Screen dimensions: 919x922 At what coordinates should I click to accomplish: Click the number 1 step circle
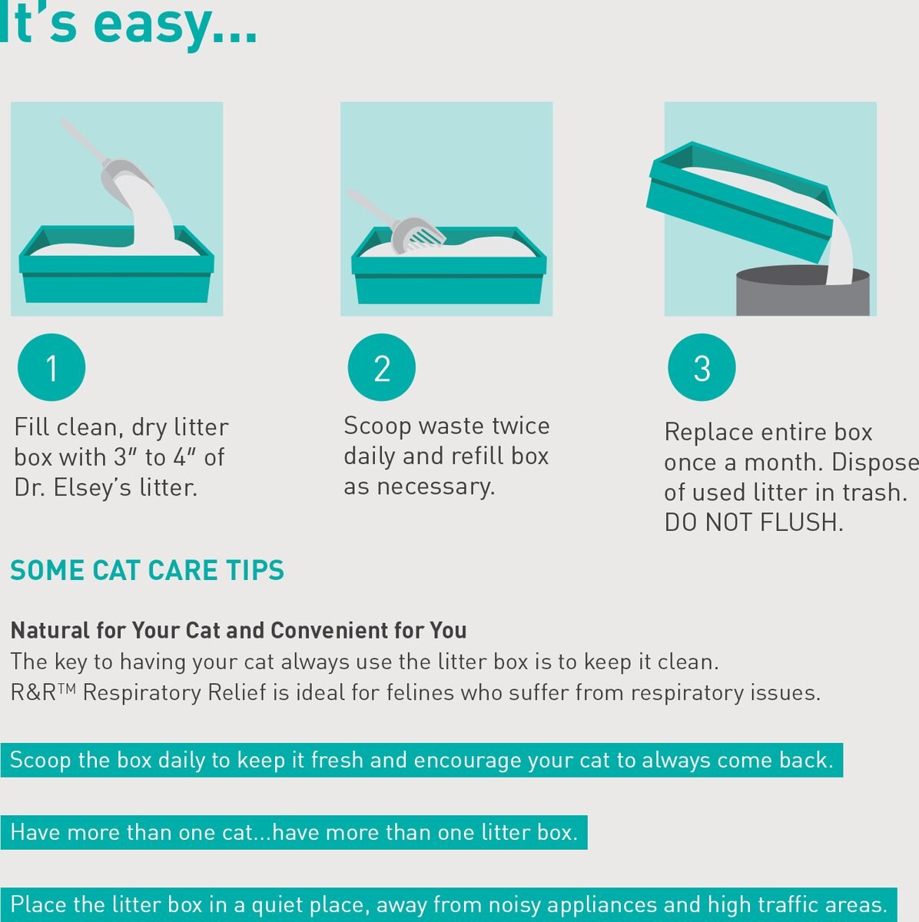(x=51, y=367)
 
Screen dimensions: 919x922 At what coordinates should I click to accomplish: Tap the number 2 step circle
(x=381, y=367)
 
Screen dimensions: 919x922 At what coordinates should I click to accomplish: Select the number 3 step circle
(x=702, y=367)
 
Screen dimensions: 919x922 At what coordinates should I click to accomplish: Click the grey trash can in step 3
(x=803, y=292)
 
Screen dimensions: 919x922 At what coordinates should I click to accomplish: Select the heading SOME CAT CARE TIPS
(x=147, y=570)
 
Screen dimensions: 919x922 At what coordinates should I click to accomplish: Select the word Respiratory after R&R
(x=141, y=693)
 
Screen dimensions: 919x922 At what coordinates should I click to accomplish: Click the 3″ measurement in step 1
(x=125, y=457)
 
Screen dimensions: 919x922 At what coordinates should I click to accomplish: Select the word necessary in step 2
(x=436, y=487)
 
